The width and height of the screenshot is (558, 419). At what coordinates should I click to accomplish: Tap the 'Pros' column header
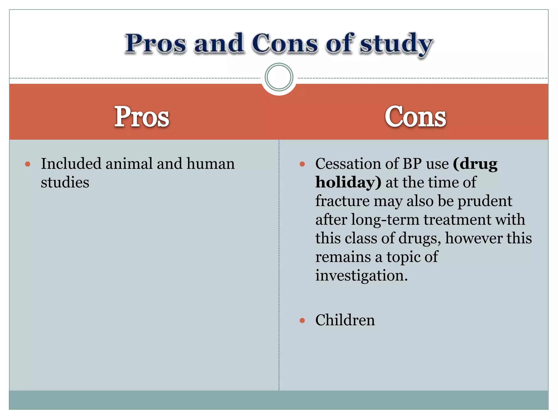coord(142,117)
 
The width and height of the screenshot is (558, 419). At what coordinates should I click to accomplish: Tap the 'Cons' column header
coord(415,117)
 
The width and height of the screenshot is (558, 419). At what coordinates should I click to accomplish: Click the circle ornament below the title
coord(279,77)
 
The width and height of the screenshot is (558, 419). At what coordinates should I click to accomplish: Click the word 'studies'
coord(65,182)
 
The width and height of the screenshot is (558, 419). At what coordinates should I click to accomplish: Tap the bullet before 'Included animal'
coord(28,164)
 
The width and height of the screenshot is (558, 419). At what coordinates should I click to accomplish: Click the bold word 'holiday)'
coord(348,182)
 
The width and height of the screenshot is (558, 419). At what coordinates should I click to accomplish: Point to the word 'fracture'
coord(342,201)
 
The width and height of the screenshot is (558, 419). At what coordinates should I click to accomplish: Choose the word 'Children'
coord(345,320)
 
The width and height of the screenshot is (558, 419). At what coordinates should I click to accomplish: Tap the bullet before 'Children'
coord(302,321)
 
